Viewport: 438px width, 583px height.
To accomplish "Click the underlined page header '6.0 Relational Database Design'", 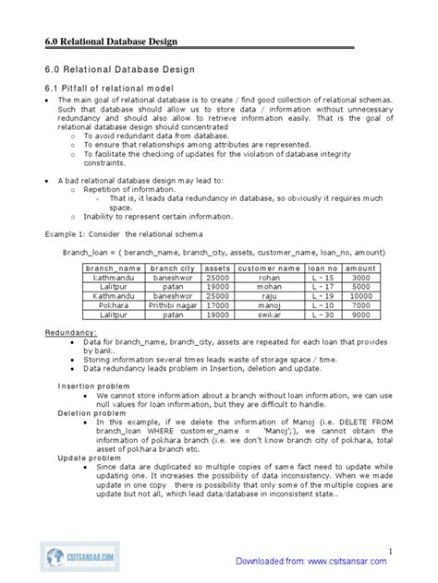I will click(111, 42).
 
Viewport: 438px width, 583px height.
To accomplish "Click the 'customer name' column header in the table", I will click(269, 268).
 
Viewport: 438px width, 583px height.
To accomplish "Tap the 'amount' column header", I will click(360, 268).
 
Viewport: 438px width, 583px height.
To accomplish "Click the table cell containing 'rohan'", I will click(269, 278).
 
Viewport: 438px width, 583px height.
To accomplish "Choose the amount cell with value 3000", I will click(360, 278).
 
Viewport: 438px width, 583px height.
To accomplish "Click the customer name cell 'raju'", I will click(269, 296).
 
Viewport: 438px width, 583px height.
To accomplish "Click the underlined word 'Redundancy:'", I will click(71, 332).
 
